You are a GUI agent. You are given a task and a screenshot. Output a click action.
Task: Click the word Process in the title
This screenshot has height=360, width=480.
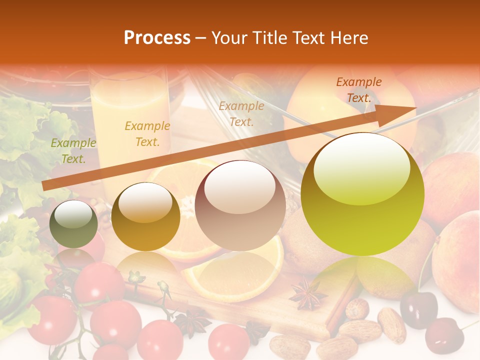pos(157,38)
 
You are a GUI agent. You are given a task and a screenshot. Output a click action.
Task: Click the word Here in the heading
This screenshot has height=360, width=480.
pos(348,38)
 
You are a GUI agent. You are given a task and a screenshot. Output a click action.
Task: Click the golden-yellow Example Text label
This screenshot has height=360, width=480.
pos(147,134)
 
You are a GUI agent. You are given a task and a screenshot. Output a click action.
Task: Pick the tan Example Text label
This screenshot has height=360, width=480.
pos(241,113)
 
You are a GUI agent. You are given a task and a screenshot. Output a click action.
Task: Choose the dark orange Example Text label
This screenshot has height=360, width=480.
pos(358,90)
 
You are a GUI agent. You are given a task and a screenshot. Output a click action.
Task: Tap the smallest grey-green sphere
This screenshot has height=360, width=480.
pos(74,224)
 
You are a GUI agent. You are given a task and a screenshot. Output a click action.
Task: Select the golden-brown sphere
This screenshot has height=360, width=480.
pos(145,216)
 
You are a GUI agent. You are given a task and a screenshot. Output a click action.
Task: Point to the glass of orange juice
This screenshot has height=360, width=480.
pos(130,120)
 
